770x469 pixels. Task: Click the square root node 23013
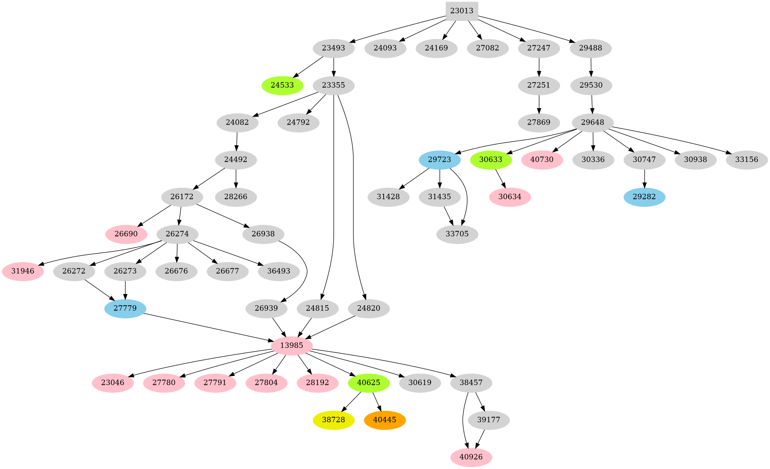[462, 11]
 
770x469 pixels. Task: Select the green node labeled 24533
[282, 85]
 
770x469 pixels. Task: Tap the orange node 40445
[385, 420]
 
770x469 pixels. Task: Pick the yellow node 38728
[334, 420]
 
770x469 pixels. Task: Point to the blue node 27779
[125, 309]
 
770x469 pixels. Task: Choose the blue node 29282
[644, 197]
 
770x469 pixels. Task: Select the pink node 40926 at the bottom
[471, 457]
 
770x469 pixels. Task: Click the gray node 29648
[592, 123]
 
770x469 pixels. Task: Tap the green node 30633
[491, 160]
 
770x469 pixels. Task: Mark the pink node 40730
[542, 160]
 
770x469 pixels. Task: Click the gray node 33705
[457, 234]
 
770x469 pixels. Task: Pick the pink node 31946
[23, 271]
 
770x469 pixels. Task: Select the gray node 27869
[539, 123]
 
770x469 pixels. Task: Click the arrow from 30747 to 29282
[644, 179]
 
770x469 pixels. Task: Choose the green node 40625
[369, 383]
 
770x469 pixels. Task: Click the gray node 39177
[489, 420]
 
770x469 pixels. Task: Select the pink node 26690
[126, 234]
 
